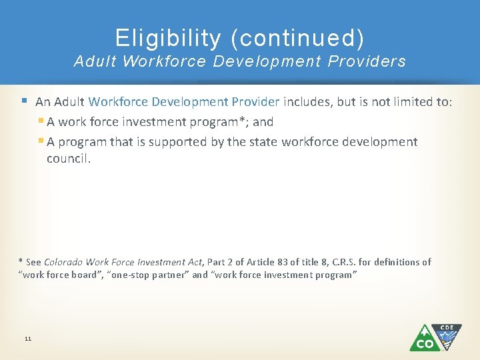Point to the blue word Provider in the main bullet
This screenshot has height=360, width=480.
[x=257, y=102]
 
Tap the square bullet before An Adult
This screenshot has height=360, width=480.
[x=24, y=101]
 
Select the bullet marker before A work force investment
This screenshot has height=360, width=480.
[x=41, y=122]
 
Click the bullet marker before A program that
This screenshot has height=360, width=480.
[x=41, y=141]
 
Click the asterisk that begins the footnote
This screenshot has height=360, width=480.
[x=20, y=261]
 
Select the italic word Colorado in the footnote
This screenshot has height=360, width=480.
[x=65, y=262]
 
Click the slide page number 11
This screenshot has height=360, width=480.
[x=28, y=339]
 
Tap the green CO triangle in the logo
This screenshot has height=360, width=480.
[x=423, y=340]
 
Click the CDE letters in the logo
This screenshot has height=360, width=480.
[x=447, y=327]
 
